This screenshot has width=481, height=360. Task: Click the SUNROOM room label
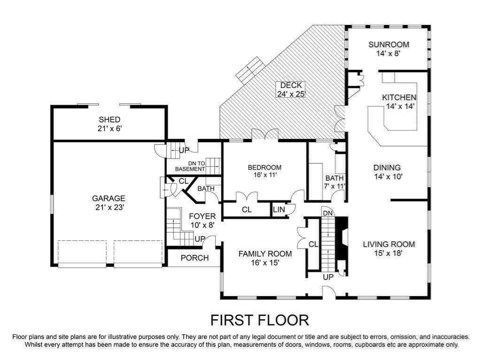click(x=388, y=45)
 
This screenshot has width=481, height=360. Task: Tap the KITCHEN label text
click(x=399, y=98)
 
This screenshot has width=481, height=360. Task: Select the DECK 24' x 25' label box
click(x=291, y=90)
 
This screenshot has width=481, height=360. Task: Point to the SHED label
click(x=109, y=120)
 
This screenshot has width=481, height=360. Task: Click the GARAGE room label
click(x=109, y=199)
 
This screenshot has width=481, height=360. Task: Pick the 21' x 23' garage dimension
click(x=109, y=207)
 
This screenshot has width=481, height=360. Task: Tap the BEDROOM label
click(x=264, y=168)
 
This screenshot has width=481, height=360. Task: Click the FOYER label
click(x=202, y=216)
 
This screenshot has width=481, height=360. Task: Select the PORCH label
click(x=195, y=258)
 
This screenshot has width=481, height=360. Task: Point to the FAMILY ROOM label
click(x=265, y=253)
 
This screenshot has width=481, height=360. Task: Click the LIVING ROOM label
click(x=389, y=245)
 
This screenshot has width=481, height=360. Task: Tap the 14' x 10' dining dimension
click(x=388, y=176)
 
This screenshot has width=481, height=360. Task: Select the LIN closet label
click(x=279, y=210)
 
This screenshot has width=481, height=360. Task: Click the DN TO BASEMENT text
click(x=190, y=167)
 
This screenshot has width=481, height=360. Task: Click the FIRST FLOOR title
click(x=259, y=320)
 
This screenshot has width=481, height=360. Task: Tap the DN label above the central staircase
click(x=327, y=213)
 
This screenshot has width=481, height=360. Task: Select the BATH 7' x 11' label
click(x=334, y=182)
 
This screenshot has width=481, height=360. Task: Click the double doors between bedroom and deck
click(x=265, y=136)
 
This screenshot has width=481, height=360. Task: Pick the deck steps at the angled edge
click(x=252, y=69)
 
